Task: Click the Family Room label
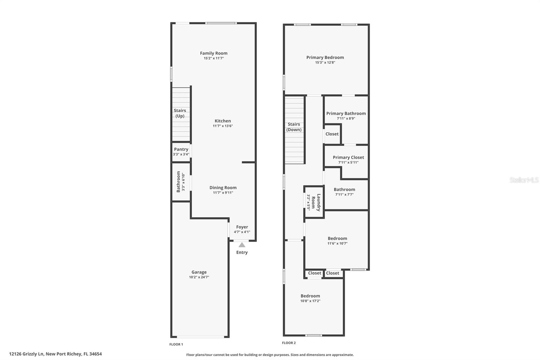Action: [214, 53]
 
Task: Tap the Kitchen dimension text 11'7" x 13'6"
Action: [223, 126]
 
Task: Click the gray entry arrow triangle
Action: [242, 245]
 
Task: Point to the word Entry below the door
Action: [242, 252]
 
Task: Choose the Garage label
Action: [199, 272]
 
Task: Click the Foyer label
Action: [242, 227]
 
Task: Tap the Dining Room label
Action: [223, 188]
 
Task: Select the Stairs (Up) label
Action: [180, 113]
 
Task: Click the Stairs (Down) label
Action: [294, 127]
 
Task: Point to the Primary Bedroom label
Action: [325, 57]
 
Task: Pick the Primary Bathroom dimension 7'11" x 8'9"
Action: [346, 119]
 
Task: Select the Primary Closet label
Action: [348, 157]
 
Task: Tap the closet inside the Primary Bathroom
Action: [332, 134]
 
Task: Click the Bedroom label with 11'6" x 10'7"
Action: [337, 238]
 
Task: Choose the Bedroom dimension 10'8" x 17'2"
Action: [310, 301]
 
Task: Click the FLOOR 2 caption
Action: [289, 343]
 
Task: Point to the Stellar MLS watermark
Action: [524, 180]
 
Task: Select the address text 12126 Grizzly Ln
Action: [27, 354]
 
